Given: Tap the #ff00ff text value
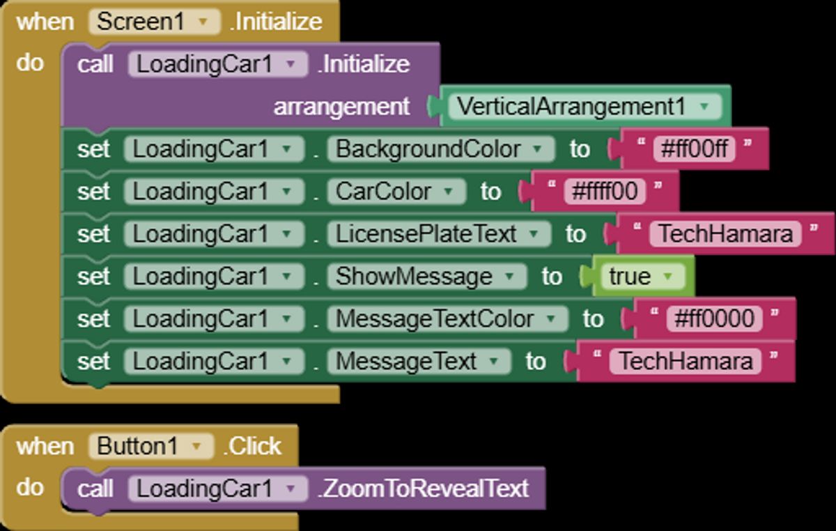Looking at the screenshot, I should click(x=694, y=148).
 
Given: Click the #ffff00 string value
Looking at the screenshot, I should click(x=604, y=191).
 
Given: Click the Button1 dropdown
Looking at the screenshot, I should click(x=150, y=446).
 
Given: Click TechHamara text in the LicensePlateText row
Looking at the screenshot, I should click(x=725, y=234).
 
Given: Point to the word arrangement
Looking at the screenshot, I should click(x=341, y=107).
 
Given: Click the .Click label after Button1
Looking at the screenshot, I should click(x=252, y=446).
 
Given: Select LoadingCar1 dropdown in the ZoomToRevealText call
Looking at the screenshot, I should click(x=217, y=488).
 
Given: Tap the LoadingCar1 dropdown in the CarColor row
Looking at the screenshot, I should click(x=213, y=192).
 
